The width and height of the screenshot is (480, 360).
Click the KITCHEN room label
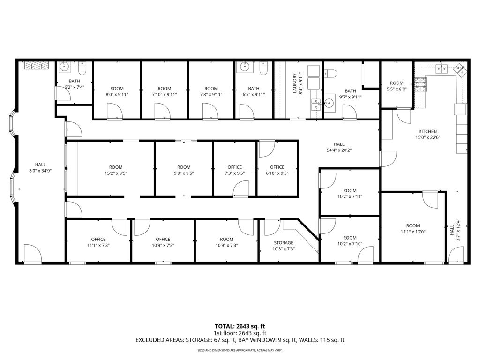(427, 132)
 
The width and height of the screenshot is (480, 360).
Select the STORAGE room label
(283, 243)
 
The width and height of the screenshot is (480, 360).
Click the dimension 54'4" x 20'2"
(339, 150)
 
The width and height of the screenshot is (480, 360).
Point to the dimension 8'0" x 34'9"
(40, 171)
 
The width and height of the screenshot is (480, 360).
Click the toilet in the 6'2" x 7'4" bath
(82, 69)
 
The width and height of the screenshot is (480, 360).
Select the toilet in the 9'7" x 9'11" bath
(332, 73)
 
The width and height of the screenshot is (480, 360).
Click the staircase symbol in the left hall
(37, 66)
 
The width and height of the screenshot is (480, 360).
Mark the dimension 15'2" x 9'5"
(116, 173)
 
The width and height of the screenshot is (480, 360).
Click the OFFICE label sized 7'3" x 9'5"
(234, 167)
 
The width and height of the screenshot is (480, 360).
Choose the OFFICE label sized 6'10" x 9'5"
(277, 167)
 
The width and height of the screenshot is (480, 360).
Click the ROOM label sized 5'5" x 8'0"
(397, 83)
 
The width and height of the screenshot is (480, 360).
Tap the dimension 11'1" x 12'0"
(413, 232)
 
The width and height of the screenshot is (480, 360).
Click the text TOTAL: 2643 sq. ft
(240, 326)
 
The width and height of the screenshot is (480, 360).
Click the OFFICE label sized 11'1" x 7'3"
(98, 240)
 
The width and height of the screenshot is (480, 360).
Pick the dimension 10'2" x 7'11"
(350, 197)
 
